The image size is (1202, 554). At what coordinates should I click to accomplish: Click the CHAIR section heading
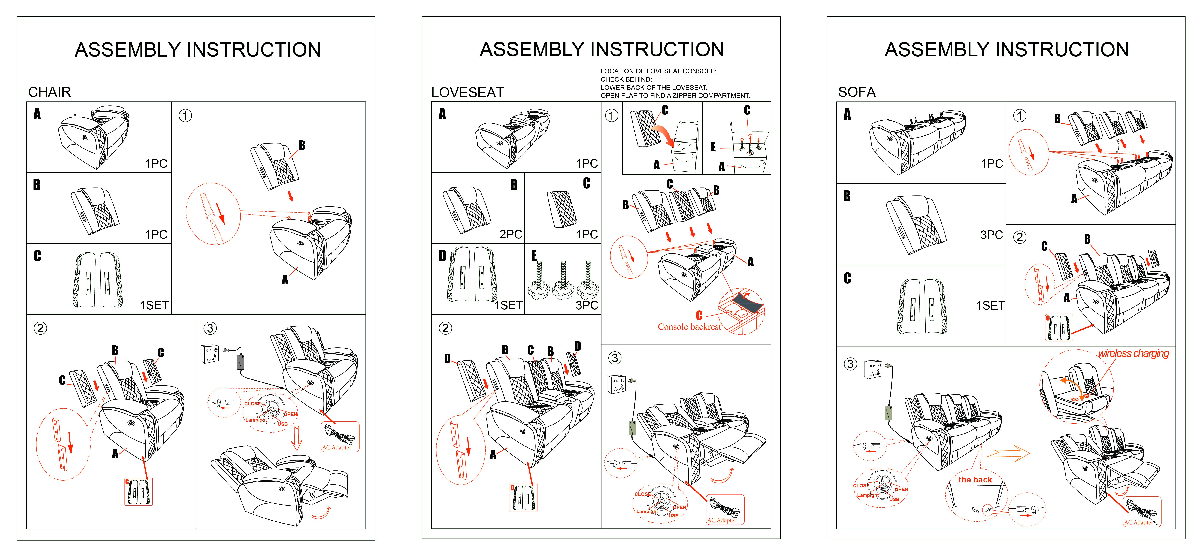tap(49, 92)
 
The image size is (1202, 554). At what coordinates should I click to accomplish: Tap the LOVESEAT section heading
tap(468, 92)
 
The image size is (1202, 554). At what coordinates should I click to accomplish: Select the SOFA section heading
tap(857, 92)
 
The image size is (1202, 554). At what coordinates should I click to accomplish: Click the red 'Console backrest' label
tap(689, 327)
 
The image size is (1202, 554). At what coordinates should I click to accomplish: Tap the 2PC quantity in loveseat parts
tap(510, 234)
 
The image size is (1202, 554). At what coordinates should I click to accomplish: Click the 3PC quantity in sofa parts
tap(992, 235)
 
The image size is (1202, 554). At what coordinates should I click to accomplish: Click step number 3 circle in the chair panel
tap(210, 328)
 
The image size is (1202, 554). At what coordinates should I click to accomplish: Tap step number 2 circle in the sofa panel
tap(1020, 237)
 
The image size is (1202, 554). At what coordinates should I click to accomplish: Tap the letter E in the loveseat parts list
tap(534, 256)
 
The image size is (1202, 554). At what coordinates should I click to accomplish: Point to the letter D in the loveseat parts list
tap(442, 256)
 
